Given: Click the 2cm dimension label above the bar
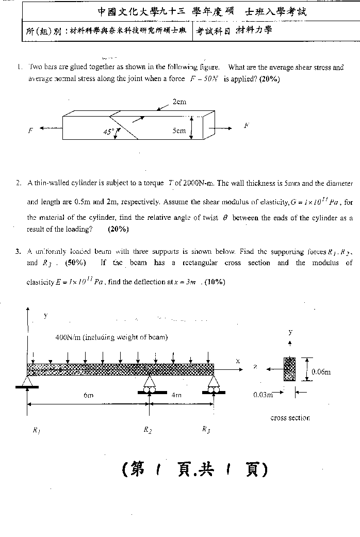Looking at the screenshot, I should tap(179, 102).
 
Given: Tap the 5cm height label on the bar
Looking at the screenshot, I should tap(179, 131).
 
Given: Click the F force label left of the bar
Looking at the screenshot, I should tap(30, 131).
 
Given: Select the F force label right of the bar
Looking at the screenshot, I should tap(247, 125).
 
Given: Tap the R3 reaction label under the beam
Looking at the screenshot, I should tap(206, 430).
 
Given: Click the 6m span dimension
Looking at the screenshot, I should tap(88, 396).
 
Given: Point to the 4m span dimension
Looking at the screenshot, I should tap(177, 396).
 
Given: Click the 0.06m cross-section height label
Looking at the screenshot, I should tap(321, 371).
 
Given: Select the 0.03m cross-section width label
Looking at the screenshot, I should tap(263, 395).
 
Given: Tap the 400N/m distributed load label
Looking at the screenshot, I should tap(111, 337).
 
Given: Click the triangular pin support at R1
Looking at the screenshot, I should tap(27, 381).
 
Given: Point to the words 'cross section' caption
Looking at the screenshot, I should tap(290, 418).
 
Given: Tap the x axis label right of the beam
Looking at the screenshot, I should tap(238, 361).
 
